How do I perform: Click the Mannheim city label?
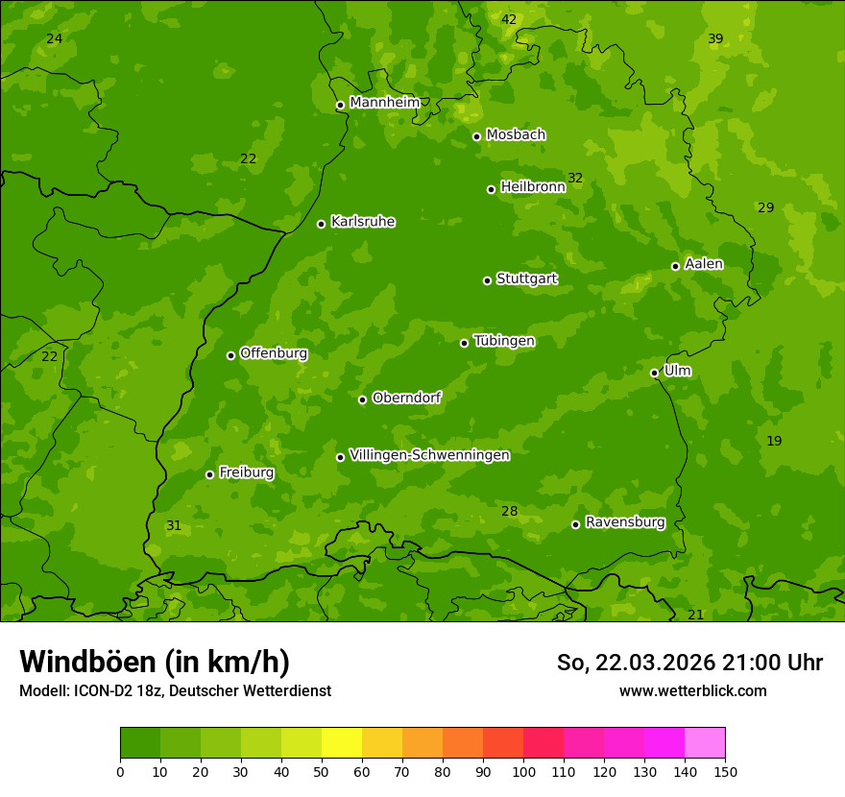click(384, 103)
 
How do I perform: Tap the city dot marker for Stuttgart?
click(487, 280)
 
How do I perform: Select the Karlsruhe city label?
click(362, 222)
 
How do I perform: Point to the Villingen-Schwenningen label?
click(429, 455)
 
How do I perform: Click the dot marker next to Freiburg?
click(209, 474)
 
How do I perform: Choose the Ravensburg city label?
click(624, 522)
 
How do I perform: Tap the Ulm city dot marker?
click(654, 373)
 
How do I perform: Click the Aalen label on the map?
click(703, 264)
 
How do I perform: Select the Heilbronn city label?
click(532, 187)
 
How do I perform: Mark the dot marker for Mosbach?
click(476, 136)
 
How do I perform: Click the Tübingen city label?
click(503, 341)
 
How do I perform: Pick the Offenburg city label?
click(273, 353)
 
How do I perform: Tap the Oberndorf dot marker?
click(362, 399)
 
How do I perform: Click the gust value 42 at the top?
click(509, 20)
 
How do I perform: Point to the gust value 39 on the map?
click(715, 39)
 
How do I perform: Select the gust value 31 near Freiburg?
click(174, 526)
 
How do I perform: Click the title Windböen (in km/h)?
click(155, 662)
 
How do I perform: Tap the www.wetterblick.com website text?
click(692, 690)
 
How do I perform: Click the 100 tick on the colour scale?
click(523, 770)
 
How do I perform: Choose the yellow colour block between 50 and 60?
click(342, 743)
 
